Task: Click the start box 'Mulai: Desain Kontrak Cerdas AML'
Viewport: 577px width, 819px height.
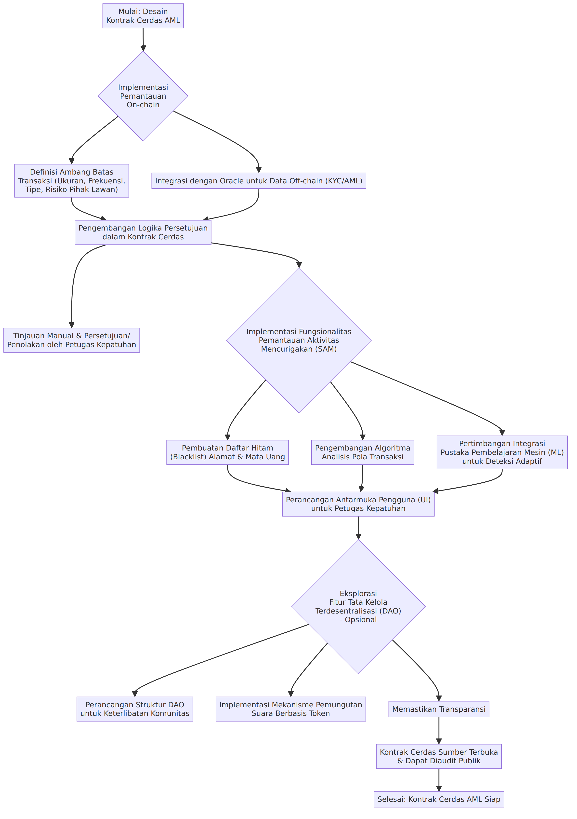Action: point(143,16)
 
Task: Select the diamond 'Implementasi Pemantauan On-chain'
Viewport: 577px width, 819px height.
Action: point(143,96)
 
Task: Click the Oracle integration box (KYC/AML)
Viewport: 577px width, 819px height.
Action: point(259,181)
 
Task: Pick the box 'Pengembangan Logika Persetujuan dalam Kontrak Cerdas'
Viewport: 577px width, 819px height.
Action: point(143,232)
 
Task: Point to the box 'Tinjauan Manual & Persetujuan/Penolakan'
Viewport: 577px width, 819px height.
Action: point(72,340)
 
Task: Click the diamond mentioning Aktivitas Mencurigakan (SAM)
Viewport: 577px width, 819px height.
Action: point(299,340)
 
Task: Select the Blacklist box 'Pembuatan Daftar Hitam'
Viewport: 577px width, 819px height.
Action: point(227,452)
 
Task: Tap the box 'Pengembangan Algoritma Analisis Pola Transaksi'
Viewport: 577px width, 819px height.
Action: point(362,452)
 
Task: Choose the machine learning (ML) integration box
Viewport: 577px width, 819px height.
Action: point(502,452)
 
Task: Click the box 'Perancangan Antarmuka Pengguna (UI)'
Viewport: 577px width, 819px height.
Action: point(358,504)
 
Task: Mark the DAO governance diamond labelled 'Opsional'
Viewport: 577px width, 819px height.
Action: point(358,606)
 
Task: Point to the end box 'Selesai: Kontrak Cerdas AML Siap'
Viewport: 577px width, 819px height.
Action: point(439,799)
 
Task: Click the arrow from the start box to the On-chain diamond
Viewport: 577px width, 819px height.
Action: point(143,40)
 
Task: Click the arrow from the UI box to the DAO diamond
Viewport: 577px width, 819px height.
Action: point(358,528)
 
